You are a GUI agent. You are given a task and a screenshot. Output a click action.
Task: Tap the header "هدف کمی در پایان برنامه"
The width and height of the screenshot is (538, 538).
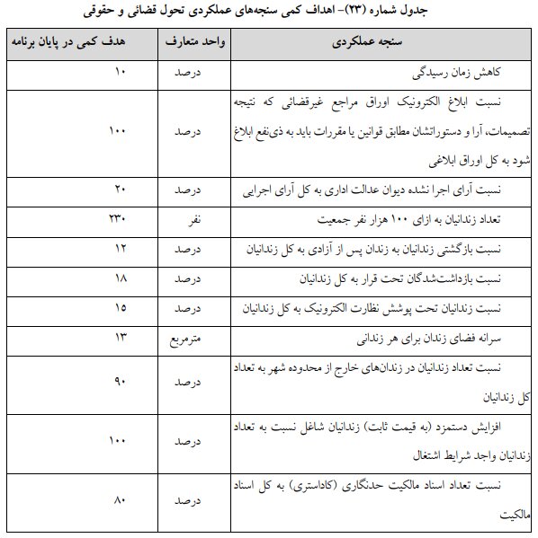[x=78, y=42]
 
